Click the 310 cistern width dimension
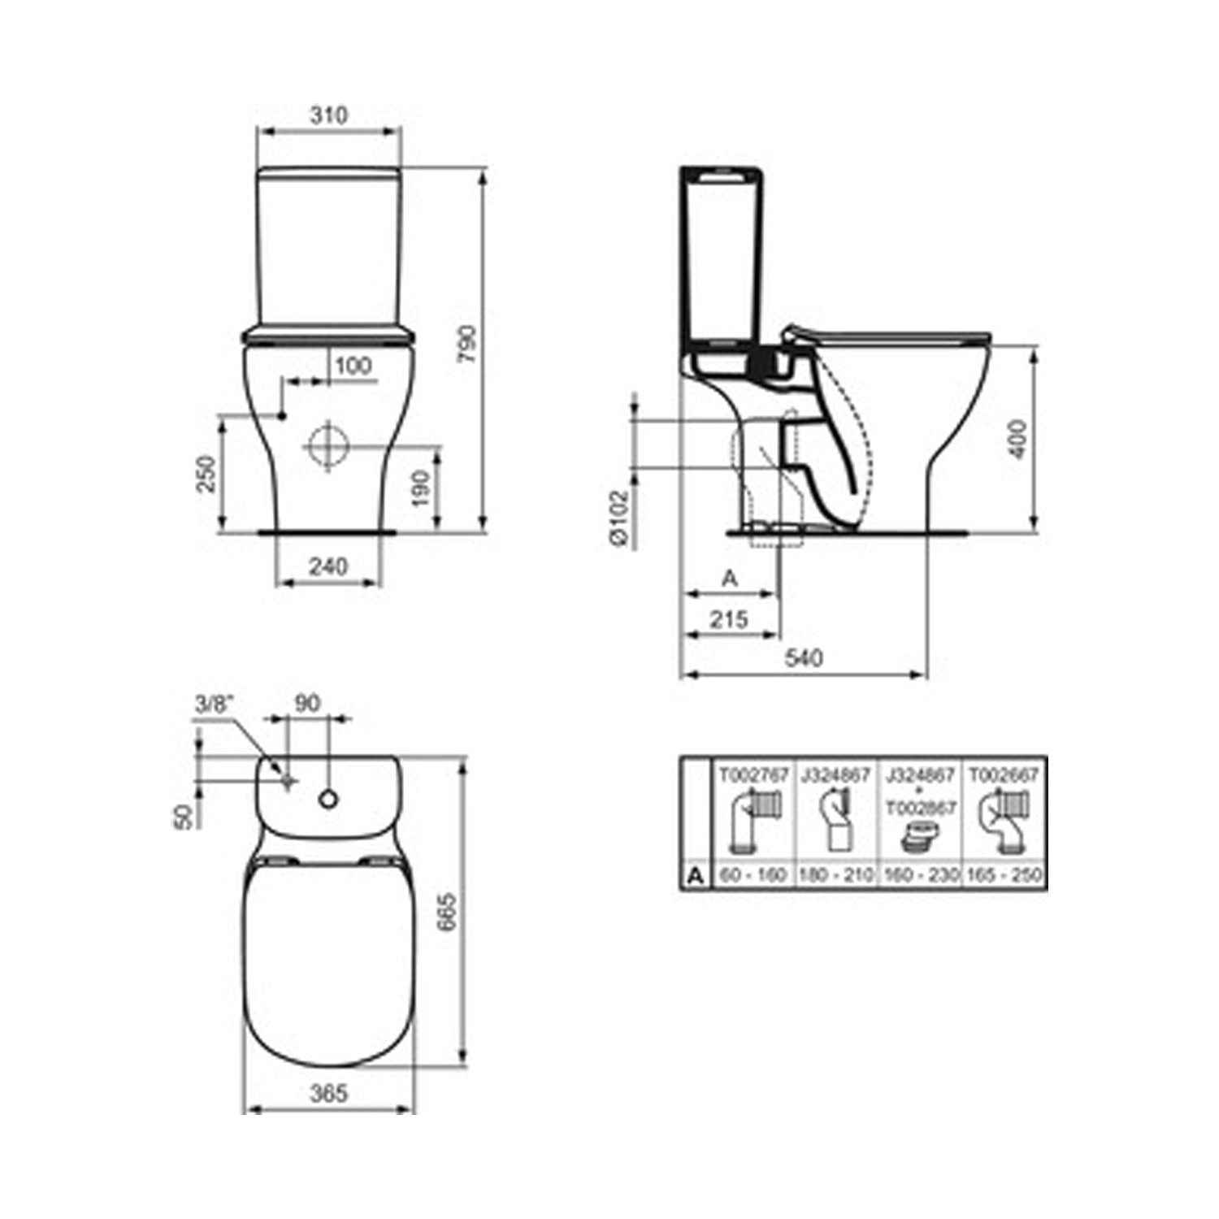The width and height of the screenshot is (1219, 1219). pyautogui.click(x=328, y=115)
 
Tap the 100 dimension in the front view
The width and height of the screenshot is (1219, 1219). pyautogui.click(x=353, y=366)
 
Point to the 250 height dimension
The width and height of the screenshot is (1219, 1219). pyautogui.click(x=206, y=473)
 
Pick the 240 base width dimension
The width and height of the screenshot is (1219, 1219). pyautogui.click(x=328, y=566)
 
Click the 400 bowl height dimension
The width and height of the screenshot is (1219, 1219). pyautogui.click(x=1017, y=439)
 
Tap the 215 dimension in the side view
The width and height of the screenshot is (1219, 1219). pyautogui.click(x=729, y=619)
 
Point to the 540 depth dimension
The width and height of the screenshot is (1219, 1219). pyautogui.click(x=802, y=657)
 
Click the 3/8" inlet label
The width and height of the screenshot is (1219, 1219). pyautogui.click(x=214, y=704)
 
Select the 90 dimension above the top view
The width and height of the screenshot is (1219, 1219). pyautogui.click(x=307, y=703)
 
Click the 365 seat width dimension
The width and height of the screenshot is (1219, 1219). pyautogui.click(x=328, y=1093)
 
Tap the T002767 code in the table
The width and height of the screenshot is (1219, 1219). pyautogui.click(x=753, y=776)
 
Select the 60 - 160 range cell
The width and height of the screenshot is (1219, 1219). pyautogui.click(x=753, y=875)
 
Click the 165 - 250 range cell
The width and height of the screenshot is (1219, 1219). pyautogui.click(x=1004, y=875)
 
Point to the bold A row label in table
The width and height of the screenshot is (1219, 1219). pyautogui.click(x=695, y=875)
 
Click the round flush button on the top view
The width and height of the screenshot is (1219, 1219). pyautogui.click(x=328, y=800)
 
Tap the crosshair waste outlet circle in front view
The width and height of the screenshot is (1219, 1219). pyautogui.click(x=328, y=446)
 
